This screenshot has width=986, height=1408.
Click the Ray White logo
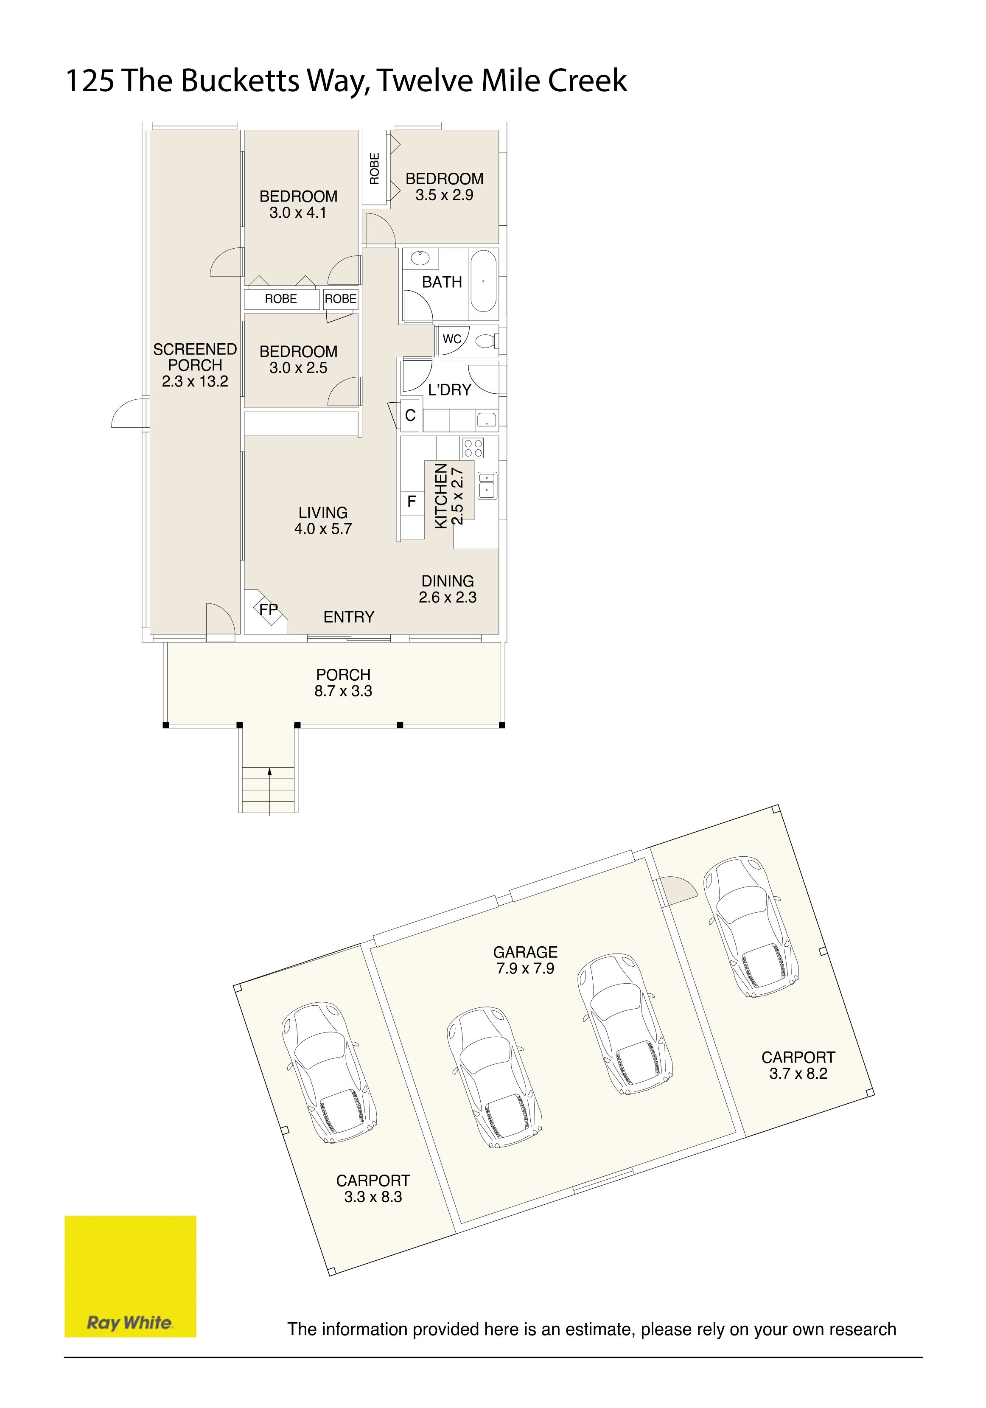(x=130, y=1276)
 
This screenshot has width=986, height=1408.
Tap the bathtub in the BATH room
(x=483, y=281)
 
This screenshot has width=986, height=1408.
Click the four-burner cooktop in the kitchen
(x=473, y=448)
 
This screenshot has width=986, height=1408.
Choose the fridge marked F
(x=412, y=502)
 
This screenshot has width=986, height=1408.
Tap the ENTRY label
(x=349, y=617)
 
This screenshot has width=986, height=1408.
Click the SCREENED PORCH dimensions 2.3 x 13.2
(x=195, y=381)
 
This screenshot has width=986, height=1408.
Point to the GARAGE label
(x=526, y=952)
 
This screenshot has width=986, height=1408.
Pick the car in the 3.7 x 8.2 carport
(x=751, y=928)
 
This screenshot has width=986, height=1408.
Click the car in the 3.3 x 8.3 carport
(x=329, y=1073)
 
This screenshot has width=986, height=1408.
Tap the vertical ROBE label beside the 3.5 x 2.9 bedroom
(x=375, y=168)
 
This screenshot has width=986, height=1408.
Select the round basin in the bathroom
(x=420, y=258)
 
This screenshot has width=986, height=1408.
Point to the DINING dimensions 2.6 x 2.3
(x=448, y=597)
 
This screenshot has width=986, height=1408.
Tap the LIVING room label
(x=323, y=513)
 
